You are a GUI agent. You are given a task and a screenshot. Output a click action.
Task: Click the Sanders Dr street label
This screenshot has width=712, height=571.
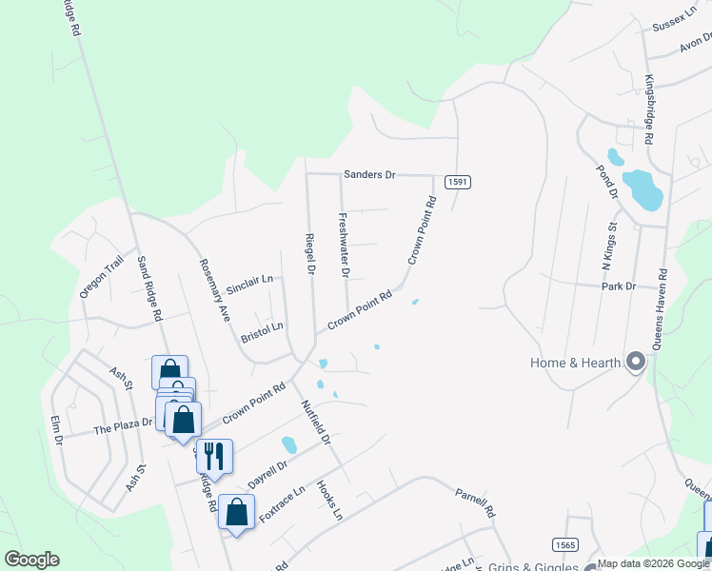(x=369, y=175)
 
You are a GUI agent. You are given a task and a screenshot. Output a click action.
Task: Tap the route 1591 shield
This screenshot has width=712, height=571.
(x=458, y=182)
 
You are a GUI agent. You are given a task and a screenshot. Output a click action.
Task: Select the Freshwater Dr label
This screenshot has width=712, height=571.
(x=345, y=246)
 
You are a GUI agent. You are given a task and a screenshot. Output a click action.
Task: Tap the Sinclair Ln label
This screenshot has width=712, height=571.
(x=249, y=284)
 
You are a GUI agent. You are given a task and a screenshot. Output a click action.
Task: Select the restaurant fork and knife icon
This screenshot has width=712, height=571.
(x=214, y=455)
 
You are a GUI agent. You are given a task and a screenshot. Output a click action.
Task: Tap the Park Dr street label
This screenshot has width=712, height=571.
(x=618, y=286)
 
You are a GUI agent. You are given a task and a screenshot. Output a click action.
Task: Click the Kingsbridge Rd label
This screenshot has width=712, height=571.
(x=649, y=109)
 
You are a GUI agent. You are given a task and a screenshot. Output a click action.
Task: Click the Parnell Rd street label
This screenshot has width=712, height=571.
(x=475, y=502)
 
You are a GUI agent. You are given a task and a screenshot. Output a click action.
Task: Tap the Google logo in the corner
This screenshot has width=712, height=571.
(x=31, y=560)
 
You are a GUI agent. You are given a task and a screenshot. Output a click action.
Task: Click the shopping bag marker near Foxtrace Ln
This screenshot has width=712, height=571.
(x=236, y=511)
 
